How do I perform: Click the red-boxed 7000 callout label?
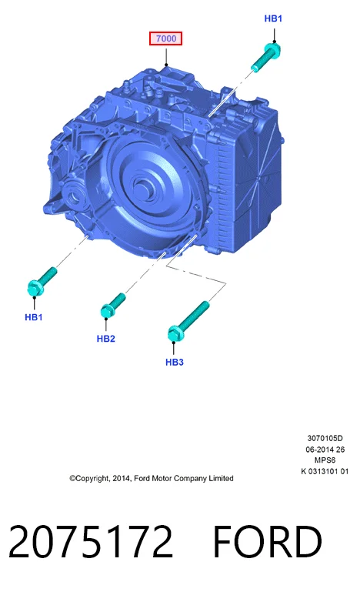(x=165, y=38)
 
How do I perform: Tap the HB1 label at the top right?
(x=273, y=18)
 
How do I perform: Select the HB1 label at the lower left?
(x=34, y=317)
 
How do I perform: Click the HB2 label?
(x=105, y=339)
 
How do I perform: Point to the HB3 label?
(x=175, y=362)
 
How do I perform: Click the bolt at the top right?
(x=266, y=57)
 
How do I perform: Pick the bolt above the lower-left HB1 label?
(x=42, y=282)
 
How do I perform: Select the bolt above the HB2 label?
(x=113, y=306)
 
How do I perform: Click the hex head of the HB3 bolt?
(x=175, y=334)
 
